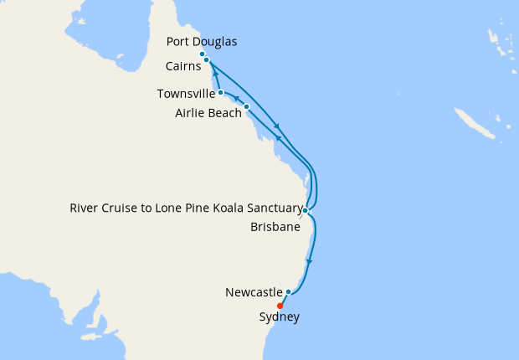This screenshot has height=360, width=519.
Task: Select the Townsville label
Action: click(x=186, y=93)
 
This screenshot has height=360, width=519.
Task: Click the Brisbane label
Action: click(x=275, y=226)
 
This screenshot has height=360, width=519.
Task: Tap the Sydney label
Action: click(x=279, y=317)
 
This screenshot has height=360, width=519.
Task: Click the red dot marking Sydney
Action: click(x=280, y=306)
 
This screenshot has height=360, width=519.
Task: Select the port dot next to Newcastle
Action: click(x=288, y=292)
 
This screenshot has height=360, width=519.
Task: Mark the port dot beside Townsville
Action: click(x=220, y=93)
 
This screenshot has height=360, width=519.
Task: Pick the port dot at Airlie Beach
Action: click(x=246, y=107)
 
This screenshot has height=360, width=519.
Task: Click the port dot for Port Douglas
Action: click(x=203, y=54)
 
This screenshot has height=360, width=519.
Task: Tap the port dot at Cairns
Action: click(x=206, y=60)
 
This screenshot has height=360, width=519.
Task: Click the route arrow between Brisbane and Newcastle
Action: click(x=309, y=262)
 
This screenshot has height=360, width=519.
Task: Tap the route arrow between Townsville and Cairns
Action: click(x=216, y=75)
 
